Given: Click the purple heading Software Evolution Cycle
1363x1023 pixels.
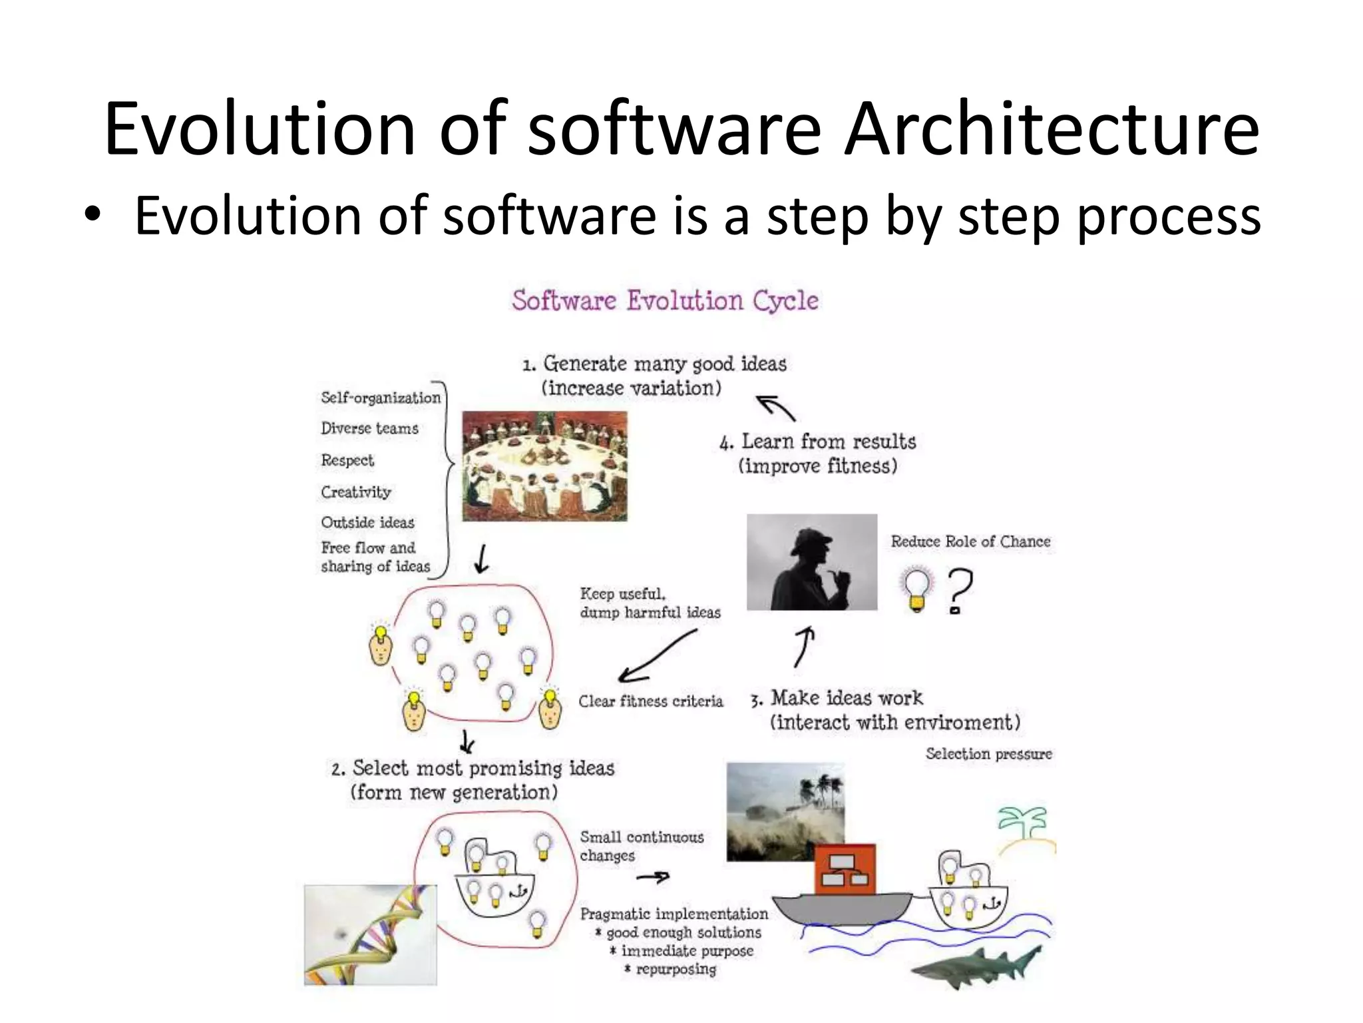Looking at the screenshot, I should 665,301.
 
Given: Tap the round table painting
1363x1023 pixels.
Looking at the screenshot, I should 544,466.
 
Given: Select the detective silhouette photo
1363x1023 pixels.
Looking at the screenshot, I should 811,562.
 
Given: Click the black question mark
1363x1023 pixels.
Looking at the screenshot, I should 959,590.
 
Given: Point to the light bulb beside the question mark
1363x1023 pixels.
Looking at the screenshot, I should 917,588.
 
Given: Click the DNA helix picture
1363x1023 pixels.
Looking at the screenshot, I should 370,934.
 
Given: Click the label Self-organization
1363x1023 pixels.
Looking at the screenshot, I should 381,398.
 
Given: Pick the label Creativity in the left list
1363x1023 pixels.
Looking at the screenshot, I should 356,492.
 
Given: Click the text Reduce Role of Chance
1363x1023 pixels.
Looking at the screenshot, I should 970,541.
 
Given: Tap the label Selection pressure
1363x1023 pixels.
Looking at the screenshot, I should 988,754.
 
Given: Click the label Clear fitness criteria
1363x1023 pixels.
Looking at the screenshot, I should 650,701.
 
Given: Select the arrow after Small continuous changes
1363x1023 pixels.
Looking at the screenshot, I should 653,878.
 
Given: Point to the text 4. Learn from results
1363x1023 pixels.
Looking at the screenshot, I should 817,442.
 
